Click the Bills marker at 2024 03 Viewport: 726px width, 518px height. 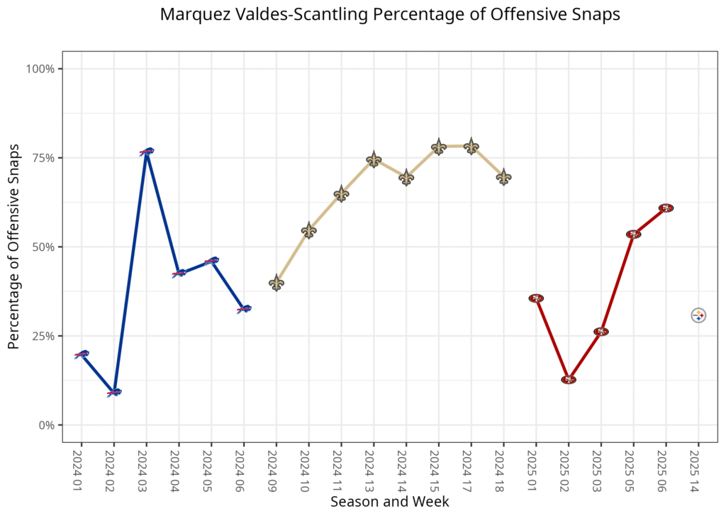tap(147, 151)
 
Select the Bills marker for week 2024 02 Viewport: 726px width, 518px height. tap(114, 392)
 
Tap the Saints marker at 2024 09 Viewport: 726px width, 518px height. tap(277, 283)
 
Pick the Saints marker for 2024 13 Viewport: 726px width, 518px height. tap(374, 159)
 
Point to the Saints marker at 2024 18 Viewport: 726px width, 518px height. tap(503, 177)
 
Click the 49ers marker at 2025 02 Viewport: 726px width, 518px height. tap(569, 380)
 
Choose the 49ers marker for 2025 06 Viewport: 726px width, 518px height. tap(666, 208)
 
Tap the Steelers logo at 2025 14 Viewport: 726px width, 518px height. tap(698, 315)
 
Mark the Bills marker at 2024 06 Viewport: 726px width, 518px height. tap(244, 309)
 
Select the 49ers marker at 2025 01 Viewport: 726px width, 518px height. tap(536, 298)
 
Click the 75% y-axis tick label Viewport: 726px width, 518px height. tap(43, 158)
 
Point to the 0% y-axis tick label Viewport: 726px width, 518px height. tap(46, 425)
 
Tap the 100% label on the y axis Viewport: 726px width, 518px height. tap(40, 69)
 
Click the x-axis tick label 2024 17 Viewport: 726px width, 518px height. tap(471, 466)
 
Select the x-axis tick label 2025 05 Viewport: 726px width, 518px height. tap(633, 466)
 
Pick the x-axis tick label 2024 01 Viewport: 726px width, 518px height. tap(82, 466)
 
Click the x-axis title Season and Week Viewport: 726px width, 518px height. tap(389, 502)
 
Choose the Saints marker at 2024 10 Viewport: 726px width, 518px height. tap(308, 230)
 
